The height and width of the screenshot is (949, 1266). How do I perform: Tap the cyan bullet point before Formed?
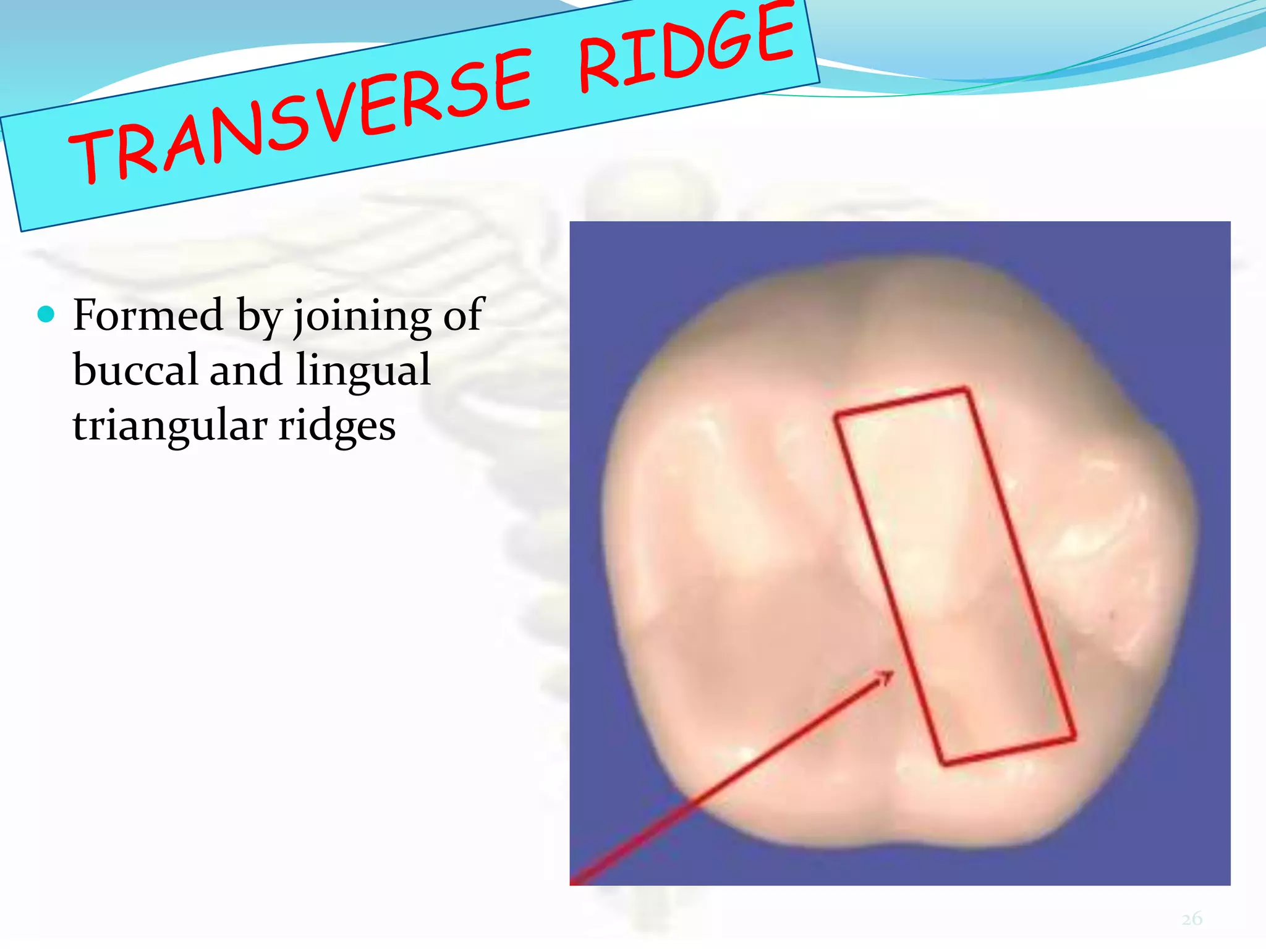(46, 314)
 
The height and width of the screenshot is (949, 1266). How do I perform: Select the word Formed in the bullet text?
(148, 316)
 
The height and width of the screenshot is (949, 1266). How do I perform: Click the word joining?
(362, 317)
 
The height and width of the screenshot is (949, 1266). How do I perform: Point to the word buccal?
(135, 371)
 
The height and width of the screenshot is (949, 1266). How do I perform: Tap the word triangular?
(170, 427)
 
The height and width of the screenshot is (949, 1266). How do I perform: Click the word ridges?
(337, 427)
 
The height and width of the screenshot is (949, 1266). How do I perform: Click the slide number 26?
(1192, 919)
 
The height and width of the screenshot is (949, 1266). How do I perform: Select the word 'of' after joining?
(464, 314)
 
